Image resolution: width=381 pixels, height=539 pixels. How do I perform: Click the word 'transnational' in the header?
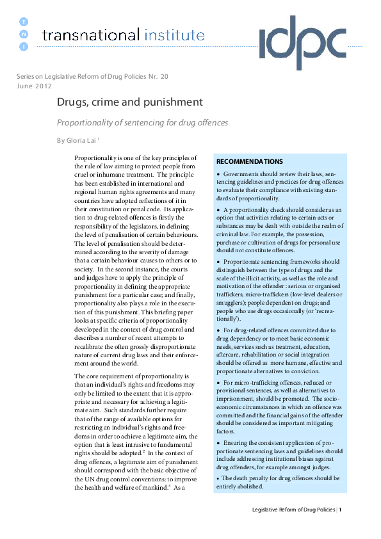tap(90, 35)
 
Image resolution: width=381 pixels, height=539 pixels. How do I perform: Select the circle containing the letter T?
tap(24, 21)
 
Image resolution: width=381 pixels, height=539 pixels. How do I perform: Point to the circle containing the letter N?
tap(24, 34)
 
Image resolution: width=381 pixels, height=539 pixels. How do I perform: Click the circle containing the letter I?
tap(24, 47)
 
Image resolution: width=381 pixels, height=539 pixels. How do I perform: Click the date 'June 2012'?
tap(35, 84)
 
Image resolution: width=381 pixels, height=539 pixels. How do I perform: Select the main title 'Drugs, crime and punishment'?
tap(130, 102)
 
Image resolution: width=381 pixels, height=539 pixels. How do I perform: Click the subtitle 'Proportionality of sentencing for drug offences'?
tap(142, 122)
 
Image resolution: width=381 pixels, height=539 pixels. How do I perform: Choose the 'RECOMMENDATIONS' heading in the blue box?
tap(249, 162)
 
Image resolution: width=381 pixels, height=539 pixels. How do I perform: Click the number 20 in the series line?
tap(165, 76)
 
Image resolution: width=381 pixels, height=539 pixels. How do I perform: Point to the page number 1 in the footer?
tap(341, 510)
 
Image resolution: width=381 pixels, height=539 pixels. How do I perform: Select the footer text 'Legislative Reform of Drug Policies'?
tap(293, 510)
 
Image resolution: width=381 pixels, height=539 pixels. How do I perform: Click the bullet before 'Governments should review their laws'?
tap(218, 174)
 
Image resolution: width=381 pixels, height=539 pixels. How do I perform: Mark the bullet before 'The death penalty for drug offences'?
tap(218, 478)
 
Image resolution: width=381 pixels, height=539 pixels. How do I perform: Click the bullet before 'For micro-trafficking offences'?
tap(218, 382)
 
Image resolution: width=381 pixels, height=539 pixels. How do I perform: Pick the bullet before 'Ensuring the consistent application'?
tap(218, 443)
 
